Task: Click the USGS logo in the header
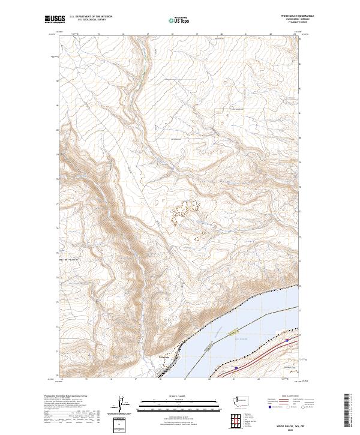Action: [55, 19]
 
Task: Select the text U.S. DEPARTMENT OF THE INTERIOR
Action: [91, 17]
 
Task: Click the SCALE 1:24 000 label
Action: [179, 396]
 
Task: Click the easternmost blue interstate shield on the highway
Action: [287, 340]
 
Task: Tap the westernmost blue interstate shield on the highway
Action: [236, 368]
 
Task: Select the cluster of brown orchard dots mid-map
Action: [185, 212]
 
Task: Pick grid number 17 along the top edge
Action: [148, 34]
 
